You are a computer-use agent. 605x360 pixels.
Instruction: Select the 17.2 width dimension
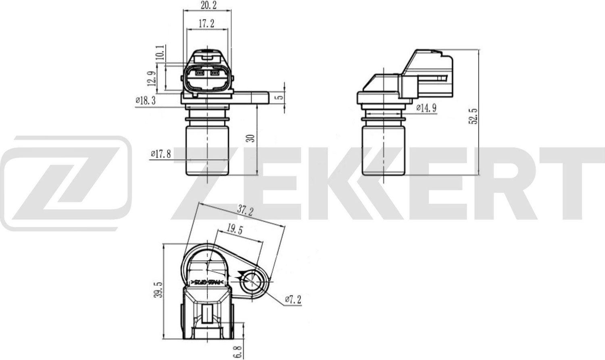click(206, 24)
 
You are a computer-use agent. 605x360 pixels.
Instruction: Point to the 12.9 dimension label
click(151, 79)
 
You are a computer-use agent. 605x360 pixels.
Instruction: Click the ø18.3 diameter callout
click(146, 101)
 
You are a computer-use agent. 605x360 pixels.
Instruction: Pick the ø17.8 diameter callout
click(161, 154)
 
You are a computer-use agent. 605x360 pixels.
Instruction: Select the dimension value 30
click(250, 138)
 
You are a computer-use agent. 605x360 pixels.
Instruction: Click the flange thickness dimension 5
click(281, 97)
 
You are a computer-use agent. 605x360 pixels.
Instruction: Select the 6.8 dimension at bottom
click(240, 349)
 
